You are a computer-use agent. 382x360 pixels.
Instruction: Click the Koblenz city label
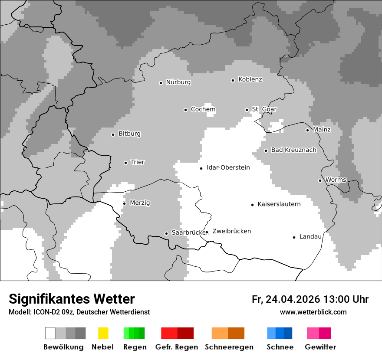click(x=250, y=80)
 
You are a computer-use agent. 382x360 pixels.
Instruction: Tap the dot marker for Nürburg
click(x=161, y=83)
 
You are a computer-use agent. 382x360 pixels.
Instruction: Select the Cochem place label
click(x=203, y=109)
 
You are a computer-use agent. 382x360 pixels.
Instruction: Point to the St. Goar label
click(x=264, y=109)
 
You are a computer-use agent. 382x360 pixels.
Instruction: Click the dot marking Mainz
click(x=307, y=130)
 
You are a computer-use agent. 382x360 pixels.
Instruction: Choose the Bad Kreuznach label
click(x=293, y=150)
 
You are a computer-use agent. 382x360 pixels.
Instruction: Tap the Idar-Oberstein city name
click(x=228, y=167)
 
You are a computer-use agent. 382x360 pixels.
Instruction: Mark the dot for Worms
click(x=320, y=180)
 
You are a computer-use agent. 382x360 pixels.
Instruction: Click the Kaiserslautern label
click(x=279, y=204)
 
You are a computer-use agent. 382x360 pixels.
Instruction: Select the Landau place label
click(x=310, y=237)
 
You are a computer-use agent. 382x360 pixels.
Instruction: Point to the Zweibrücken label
click(x=231, y=231)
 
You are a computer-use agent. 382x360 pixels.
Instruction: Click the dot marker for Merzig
click(x=124, y=203)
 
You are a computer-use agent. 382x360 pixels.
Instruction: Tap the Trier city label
click(x=138, y=162)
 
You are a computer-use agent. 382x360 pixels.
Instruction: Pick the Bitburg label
click(x=129, y=134)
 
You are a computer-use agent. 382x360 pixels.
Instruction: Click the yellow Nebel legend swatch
click(x=103, y=333)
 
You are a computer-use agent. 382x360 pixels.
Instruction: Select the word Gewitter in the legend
click(x=320, y=347)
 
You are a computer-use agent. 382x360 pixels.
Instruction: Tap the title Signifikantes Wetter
click(x=72, y=299)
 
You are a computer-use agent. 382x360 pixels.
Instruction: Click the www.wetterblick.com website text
click(x=313, y=312)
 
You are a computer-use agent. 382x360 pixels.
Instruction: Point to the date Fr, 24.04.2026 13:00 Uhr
click(x=310, y=299)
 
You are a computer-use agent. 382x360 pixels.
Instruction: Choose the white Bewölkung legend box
click(x=50, y=333)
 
